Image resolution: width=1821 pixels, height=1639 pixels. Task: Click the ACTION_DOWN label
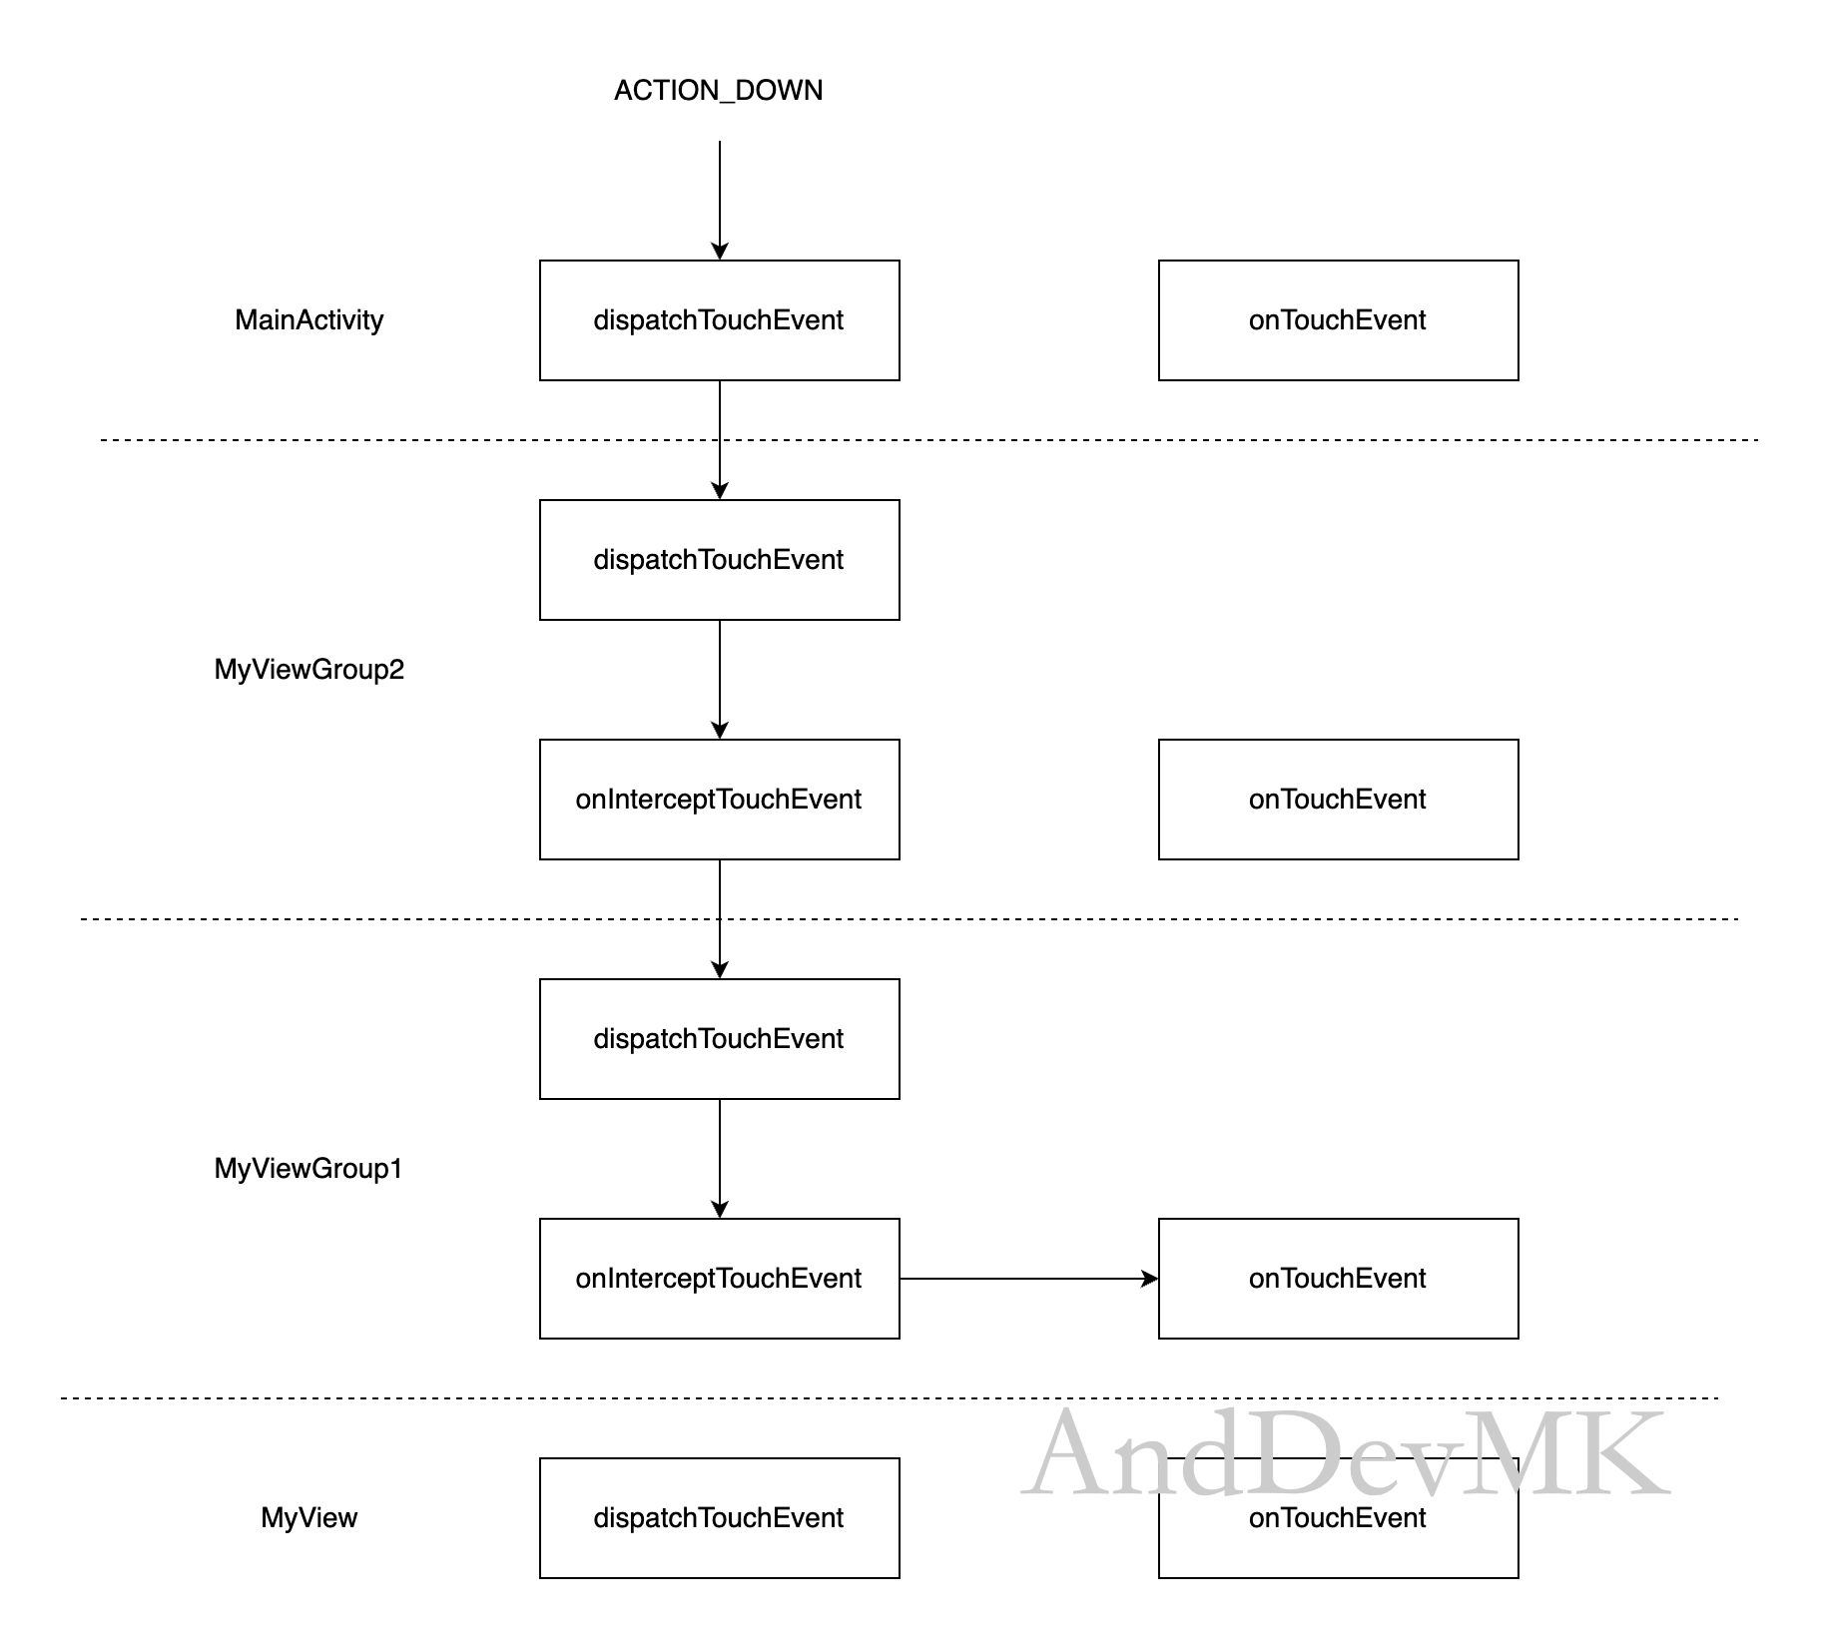pos(719,91)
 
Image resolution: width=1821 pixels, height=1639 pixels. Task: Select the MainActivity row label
pos(309,320)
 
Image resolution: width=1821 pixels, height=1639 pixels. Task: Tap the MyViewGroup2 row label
pos(309,670)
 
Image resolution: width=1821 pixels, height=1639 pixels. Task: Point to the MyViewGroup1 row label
pos(308,1169)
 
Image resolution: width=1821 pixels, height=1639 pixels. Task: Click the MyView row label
pos(309,1518)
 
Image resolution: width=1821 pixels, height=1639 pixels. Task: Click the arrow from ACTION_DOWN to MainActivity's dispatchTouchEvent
pos(720,201)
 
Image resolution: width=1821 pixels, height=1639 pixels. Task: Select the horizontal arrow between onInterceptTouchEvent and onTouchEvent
pos(1029,1279)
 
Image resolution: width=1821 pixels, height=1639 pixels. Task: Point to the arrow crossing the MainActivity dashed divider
pos(720,440)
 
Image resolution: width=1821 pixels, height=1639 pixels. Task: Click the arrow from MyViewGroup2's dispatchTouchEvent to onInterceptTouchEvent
pos(720,680)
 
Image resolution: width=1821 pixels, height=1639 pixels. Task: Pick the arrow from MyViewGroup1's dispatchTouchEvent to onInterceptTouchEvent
pos(720,1159)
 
